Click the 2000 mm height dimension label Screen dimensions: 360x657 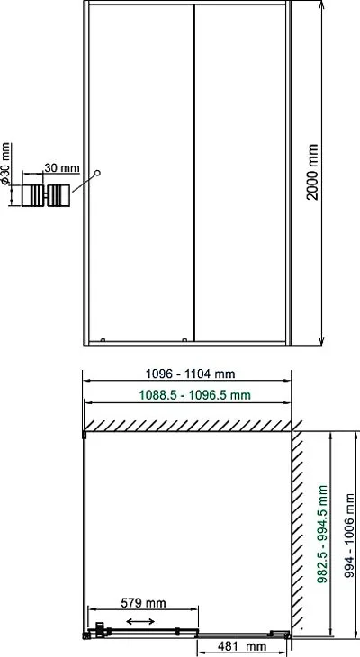[311, 172]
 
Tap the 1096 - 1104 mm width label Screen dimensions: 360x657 [190, 373]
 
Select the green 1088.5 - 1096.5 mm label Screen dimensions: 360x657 [194, 395]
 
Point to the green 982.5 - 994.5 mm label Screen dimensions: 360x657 [322, 534]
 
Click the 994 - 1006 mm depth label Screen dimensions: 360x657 [349, 535]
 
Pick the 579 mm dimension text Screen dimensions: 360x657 [143, 603]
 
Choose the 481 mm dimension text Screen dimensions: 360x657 [241, 646]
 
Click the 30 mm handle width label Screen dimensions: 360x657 [62, 168]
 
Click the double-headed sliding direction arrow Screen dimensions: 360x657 [140, 621]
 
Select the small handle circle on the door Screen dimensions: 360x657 [97, 173]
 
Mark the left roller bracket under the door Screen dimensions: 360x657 [103, 340]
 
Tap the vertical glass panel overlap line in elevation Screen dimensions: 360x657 [194, 173]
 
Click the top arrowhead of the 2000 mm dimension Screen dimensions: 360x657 [321, 4]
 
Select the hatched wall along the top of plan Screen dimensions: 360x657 [187, 426]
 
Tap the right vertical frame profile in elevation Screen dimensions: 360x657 [288, 173]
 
